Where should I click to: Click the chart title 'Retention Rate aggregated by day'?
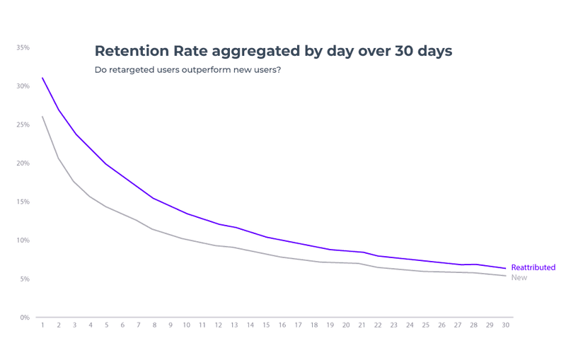(x=273, y=51)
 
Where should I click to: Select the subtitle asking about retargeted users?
(x=187, y=70)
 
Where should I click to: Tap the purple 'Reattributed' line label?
(x=533, y=267)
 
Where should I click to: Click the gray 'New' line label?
(x=519, y=278)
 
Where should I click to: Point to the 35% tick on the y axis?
(x=23, y=47)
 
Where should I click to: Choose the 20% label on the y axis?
(x=23, y=163)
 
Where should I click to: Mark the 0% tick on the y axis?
(x=24, y=318)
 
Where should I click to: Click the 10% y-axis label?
(x=23, y=240)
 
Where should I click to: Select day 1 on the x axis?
(x=42, y=325)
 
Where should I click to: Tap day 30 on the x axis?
(x=504, y=325)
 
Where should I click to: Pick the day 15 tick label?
(x=266, y=325)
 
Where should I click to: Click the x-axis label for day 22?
(x=377, y=325)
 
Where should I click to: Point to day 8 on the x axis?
(x=154, y=325)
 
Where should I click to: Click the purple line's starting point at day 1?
(x=42, y=78)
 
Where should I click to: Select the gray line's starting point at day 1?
(x=42, y=117)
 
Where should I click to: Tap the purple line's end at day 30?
(x=504, y=268)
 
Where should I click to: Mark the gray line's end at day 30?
(x=504, y=276)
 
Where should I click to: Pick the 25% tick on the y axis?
(x=23, y=124)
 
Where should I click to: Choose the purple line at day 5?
(x=106, y=164)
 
